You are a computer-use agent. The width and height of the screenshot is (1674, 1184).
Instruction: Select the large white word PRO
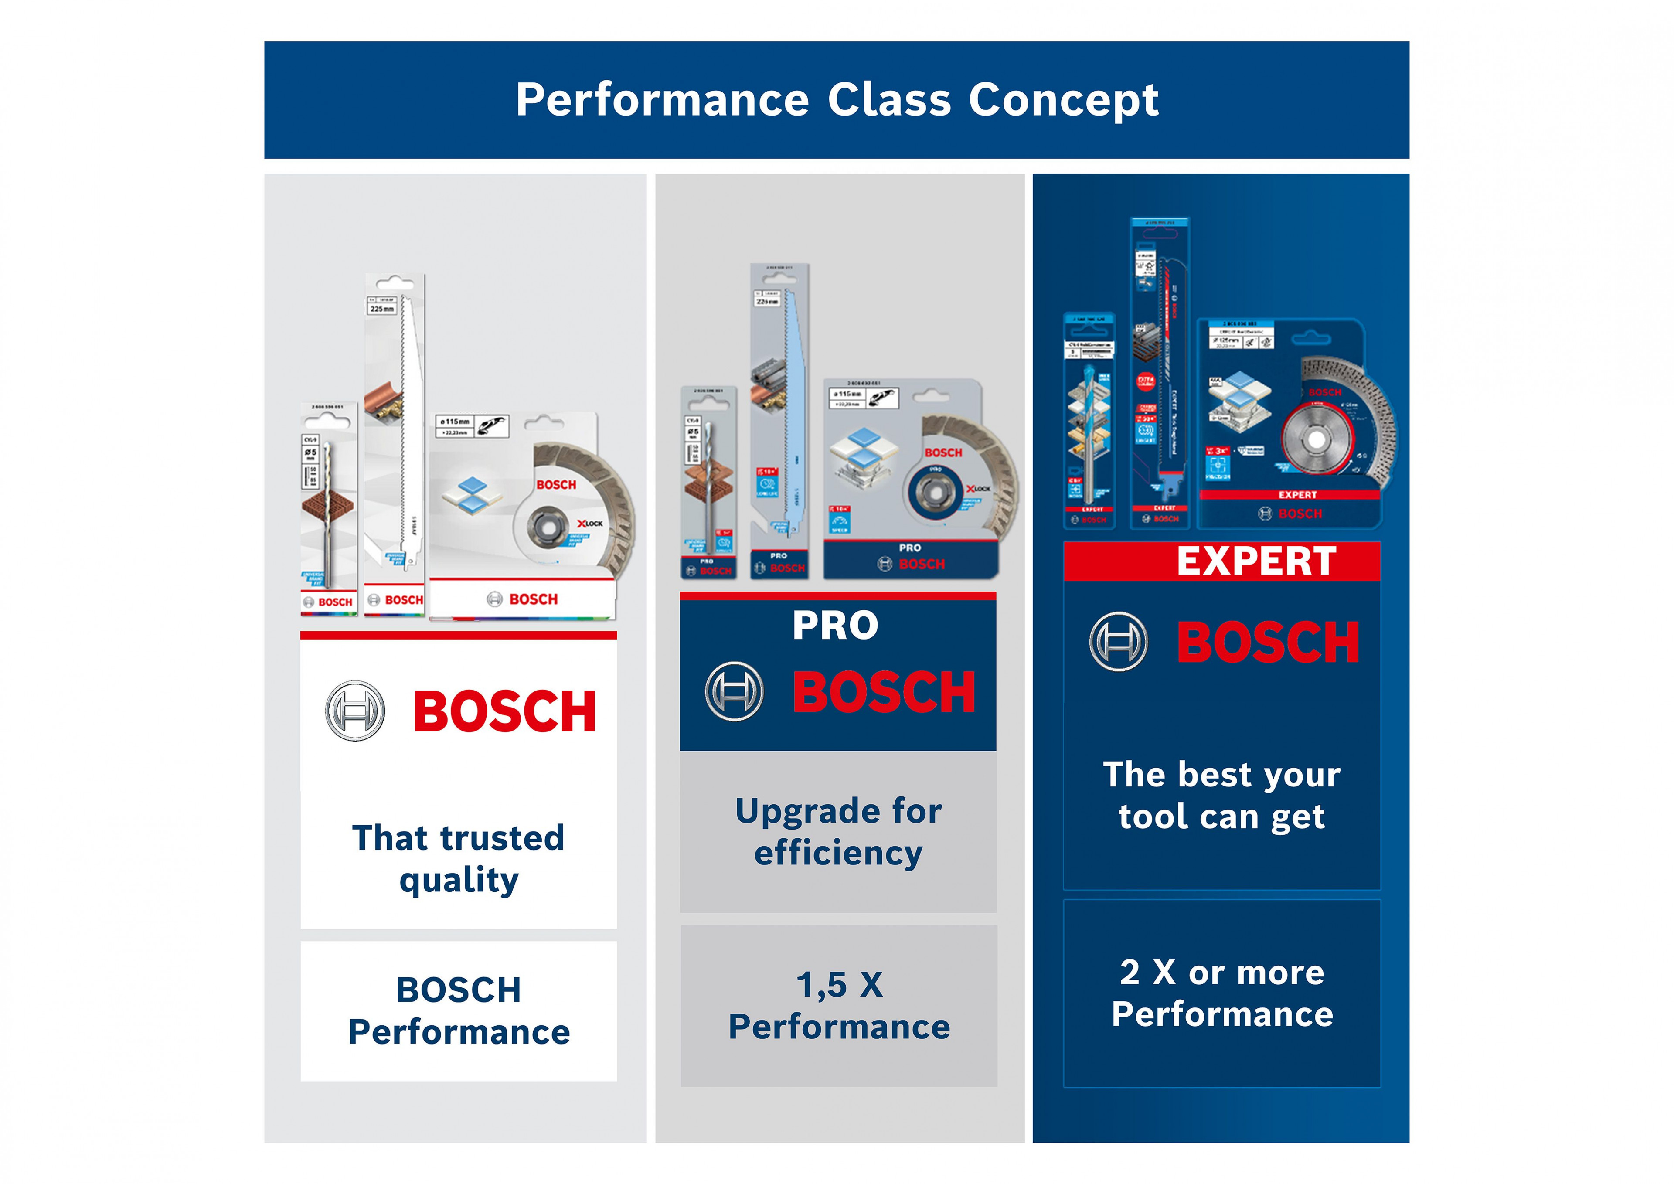click(836, 626)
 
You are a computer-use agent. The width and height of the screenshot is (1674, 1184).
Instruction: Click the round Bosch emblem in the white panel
click(355, 711)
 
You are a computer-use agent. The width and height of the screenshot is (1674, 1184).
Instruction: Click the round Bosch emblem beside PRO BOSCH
click(734, 691)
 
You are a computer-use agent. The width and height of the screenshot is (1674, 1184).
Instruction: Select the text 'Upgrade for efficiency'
click(838, 831)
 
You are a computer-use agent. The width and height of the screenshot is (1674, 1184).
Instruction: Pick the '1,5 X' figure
click(839, 985)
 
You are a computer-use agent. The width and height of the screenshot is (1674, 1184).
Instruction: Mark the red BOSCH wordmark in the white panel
click(504, 711)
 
